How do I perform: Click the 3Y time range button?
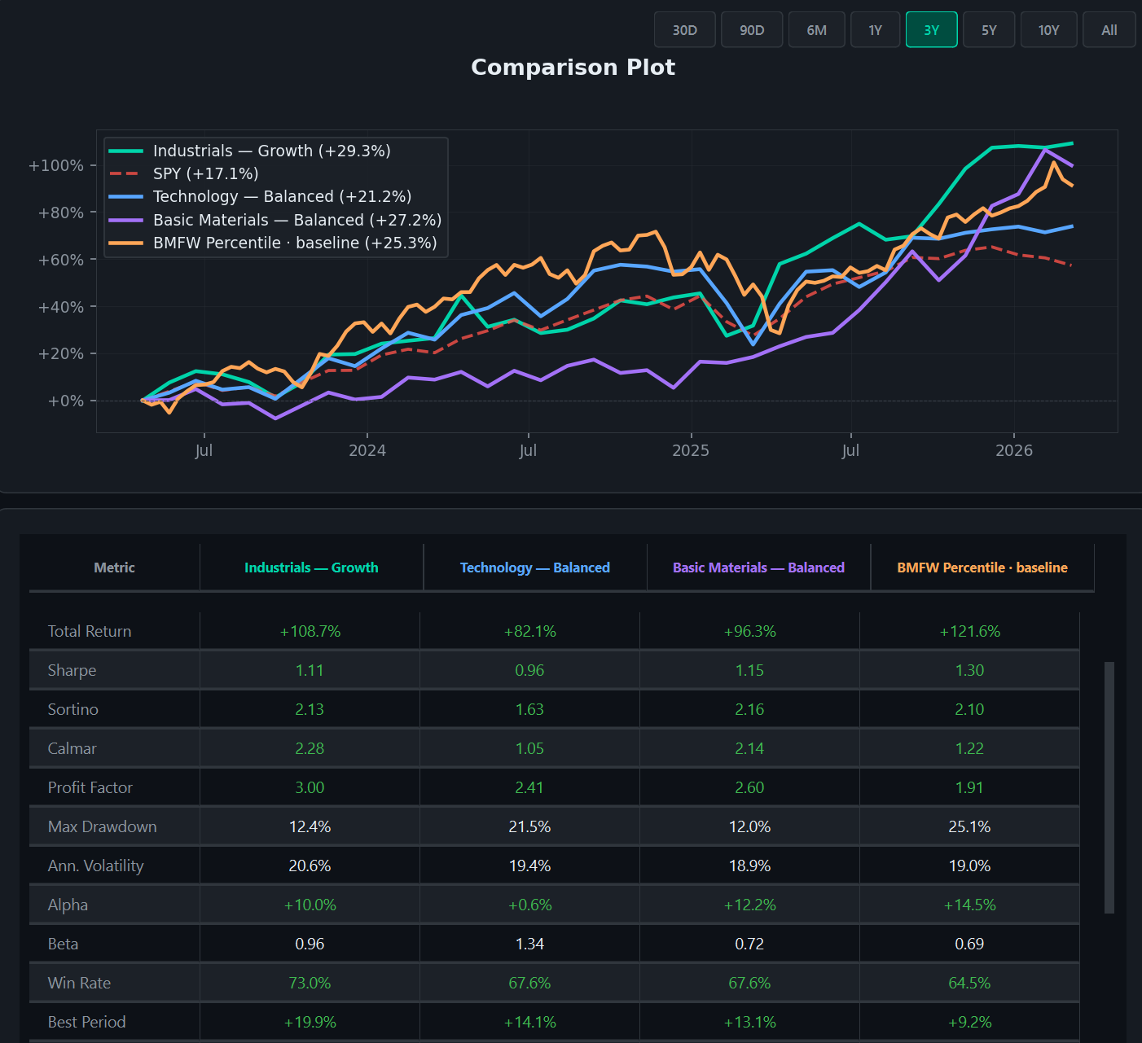pyautogui.click(x=931, y=30)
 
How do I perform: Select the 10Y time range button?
pyautogui.click(x=1048, y=30)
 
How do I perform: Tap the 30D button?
pyautogui.click(x=684, y=30)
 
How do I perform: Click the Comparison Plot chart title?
pyautogui.click(x=573, y=67)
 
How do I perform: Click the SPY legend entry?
pyautogui.click(x=205, y=173)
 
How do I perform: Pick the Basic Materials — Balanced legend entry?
pyautogui.click(x=296, y=220)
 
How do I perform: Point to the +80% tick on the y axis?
pyautogui.click(x=60, y=213)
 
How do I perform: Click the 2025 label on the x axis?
pyautogui.click(x=690, y=450)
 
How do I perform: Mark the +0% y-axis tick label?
pyautogui.click(x=65, y=401)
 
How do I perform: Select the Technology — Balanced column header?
pyautogui.click(x=534, y=568)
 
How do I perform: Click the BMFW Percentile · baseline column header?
pyautogui.click(x=982, y=568)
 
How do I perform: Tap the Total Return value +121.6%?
pyautogui.click(x=969, y=631)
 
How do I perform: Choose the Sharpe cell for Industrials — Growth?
pyautogui.click(x=310, y=670)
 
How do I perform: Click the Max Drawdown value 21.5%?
pyautogui.click(x=529, y=826)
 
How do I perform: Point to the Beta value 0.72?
pyautogui.click(x=749, y=944)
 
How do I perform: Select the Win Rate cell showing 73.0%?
pyautogui.click(x=310, y=983)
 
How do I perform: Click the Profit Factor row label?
pyautogui.click(x=90, y=787)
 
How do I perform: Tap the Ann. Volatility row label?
pyautogui.click(x=95, y=866)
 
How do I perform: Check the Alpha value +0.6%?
pyautogui.click(x=529, y=905)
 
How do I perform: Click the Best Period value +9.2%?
pyautogui.click(x=969, y=1022)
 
